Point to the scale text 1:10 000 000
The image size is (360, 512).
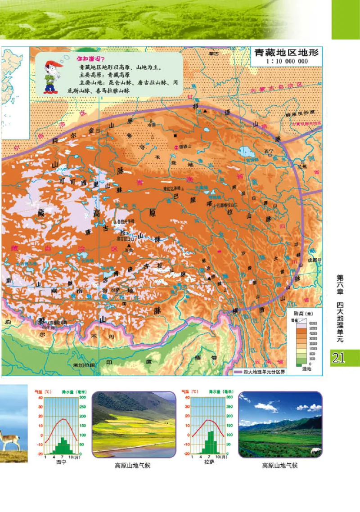(287, 61)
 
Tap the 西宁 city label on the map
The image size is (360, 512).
(269, 151)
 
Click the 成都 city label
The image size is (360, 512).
(311, 260)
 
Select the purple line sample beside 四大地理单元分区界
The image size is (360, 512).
(238, 372)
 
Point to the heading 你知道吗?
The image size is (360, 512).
(90, 59)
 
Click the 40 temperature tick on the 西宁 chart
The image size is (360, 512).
(40, 398)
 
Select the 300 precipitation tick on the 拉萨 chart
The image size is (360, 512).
(229, 398)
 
